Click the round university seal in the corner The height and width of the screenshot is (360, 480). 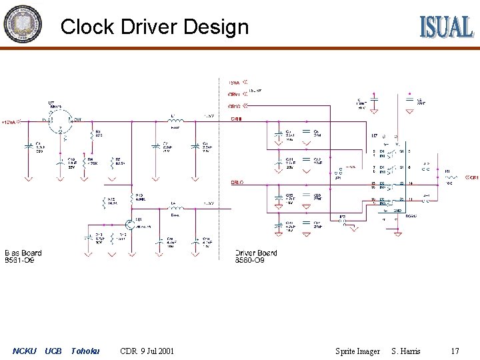coord(22,23)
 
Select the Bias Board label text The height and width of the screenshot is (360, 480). coord(23,253)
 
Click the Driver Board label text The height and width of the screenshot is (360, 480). coord(256,253)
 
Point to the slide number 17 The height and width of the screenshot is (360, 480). coord(455,351)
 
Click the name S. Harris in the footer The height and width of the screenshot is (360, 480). coord(406,351)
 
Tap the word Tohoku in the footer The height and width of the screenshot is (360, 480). coord(85,351)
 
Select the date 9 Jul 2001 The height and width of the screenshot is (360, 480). coord(159,351)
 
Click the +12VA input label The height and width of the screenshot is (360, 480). coord(10,122)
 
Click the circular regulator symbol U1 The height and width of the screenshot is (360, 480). coord(59,121)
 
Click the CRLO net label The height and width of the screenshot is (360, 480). coord(237,181)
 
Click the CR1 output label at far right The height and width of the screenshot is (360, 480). coord(473,178)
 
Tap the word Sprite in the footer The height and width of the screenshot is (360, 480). coord(347,351)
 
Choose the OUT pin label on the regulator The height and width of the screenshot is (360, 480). coord(77,120)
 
